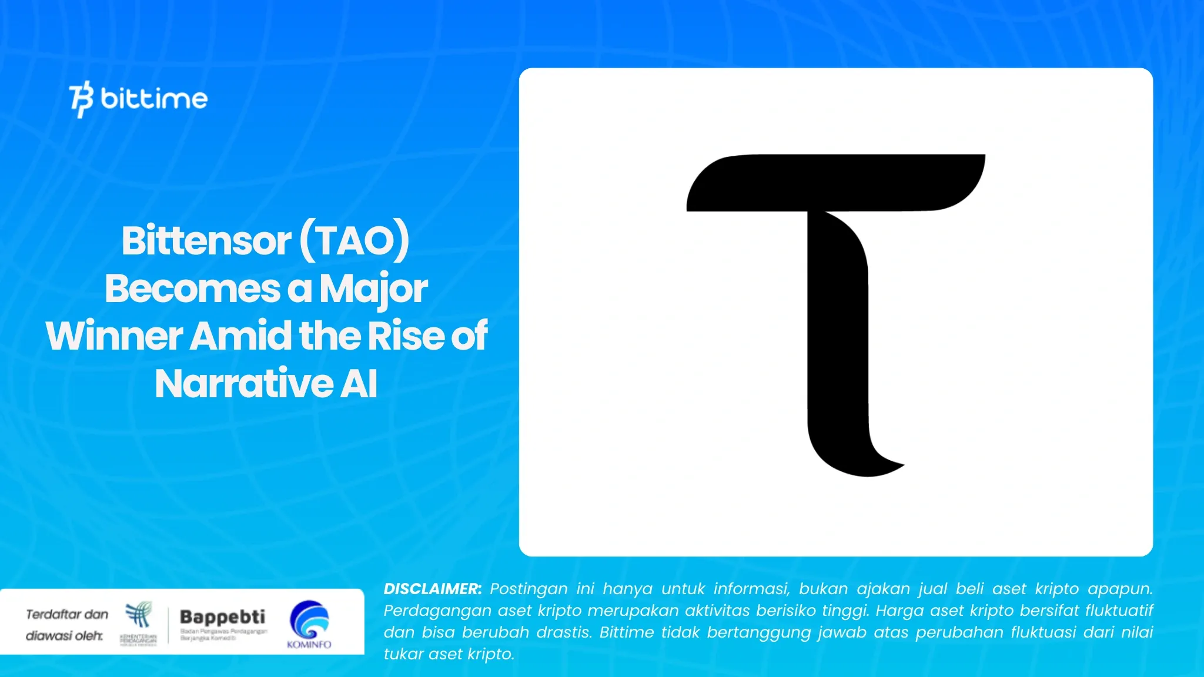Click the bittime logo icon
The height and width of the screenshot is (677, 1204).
(x=81, y=99)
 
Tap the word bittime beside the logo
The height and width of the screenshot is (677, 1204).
(x=154, y=98)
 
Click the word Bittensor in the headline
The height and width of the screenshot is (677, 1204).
(x=206, y=240)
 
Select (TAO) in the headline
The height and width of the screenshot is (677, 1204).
(x=354, y=240)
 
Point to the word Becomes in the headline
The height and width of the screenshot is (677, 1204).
(x=192, y=289)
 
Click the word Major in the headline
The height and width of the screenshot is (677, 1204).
(x=373, y=289)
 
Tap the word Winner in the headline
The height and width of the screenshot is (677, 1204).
(x=115, y=336)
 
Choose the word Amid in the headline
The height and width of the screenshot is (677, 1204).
(x=241, y=336)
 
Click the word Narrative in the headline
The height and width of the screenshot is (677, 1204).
(x=244, y=384)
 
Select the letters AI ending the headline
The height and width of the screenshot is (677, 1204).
(x=359, y=384)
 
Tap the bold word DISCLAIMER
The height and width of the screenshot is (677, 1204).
(x=432, y=589)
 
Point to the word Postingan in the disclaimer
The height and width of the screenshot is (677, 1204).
(x=529, y=589)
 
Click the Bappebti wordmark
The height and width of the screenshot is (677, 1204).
(x=222, y=616)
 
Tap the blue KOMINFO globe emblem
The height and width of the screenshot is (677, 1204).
(x=309, y=619)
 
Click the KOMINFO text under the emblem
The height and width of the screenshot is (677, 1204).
(x=309, y=645)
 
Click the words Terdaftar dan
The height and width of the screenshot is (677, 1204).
(x=67, y=615)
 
